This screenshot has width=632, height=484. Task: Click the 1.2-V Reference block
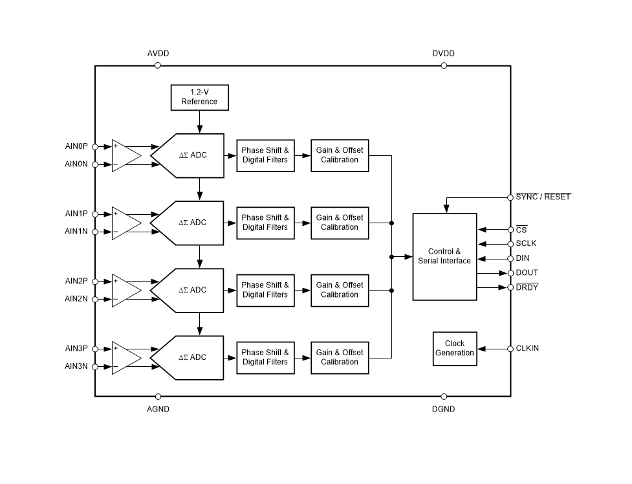(199, 97)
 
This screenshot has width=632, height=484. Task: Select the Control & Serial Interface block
(444, 256)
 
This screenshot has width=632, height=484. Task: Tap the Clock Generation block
(455, 348)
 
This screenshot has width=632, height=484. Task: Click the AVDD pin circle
(158, 65)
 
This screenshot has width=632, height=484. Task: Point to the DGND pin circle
(444, 396)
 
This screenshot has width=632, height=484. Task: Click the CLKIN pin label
(527, 348)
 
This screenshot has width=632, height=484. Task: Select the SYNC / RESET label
(543, 197)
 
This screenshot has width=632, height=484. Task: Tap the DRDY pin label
(527, 287)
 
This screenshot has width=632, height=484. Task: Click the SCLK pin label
(526, 244)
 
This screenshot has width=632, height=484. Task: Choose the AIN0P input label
(76, 146)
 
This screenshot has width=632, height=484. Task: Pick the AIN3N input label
(76, 366)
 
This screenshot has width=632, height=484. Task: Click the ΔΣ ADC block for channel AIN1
(191, 223)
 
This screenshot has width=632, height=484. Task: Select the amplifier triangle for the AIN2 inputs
(126, 290)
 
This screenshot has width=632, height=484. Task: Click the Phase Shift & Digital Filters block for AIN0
(265, 155)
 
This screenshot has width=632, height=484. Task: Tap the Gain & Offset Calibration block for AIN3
(340, 357)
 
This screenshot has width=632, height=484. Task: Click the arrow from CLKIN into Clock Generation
(494, 349)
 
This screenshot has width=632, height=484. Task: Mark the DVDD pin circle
(444, 65)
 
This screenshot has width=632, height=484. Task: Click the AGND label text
(158, 410)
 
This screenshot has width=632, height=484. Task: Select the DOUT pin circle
(510, 273)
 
